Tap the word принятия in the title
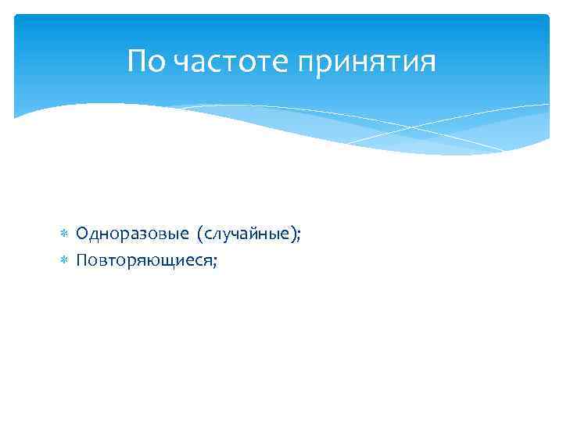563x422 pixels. (365, 62)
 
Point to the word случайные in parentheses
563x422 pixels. (248, 234)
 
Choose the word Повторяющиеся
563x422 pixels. (145, 261)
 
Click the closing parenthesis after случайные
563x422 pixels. (293, 234)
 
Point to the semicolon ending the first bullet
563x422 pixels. (299, 235)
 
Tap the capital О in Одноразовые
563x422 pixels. (82, 234)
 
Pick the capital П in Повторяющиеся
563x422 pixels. (82, 261)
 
